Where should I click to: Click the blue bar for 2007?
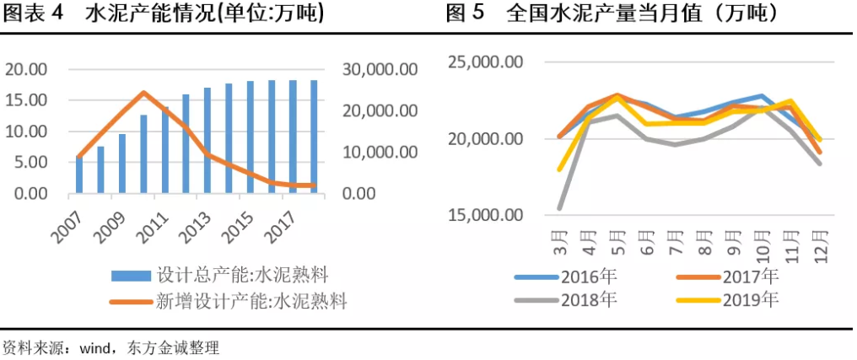tap(79, 175)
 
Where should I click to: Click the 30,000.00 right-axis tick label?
tap(380, 69)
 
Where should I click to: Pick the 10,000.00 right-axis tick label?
tap(380, 153)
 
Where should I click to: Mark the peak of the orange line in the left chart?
tap(143, 92)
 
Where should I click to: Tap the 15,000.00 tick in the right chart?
tap(485, 215)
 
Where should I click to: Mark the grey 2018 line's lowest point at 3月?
tap(560, 207)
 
